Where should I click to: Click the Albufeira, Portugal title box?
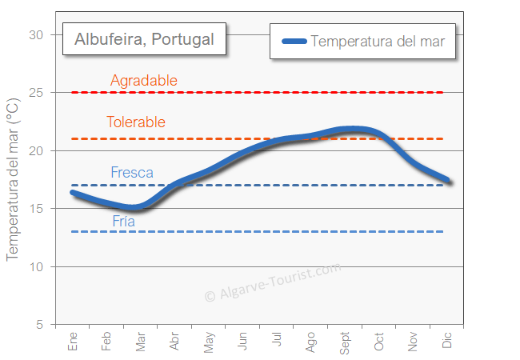[x=144, y=39]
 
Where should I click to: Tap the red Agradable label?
[x=144, y=81]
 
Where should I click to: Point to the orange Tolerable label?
[x=136, y=122]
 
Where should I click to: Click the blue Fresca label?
[x=132, y=173]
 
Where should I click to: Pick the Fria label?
[x=124, y=222]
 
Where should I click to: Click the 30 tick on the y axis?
[x=36, y=35]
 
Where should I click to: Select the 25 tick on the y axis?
[x=36, y=93]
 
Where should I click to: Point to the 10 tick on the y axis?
[x=36, y=266]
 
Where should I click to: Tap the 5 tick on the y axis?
[x=39, y=324]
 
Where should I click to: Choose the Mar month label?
[x=141, y=342]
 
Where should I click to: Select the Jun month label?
[x=242, y=342]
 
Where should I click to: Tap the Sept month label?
[x=345, y=342]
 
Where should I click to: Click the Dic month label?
[x=447, y=342]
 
